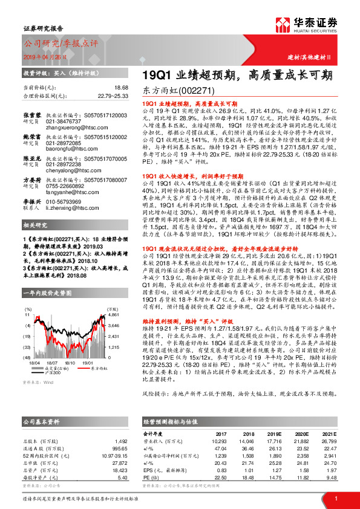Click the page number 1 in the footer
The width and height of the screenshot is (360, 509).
335,498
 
